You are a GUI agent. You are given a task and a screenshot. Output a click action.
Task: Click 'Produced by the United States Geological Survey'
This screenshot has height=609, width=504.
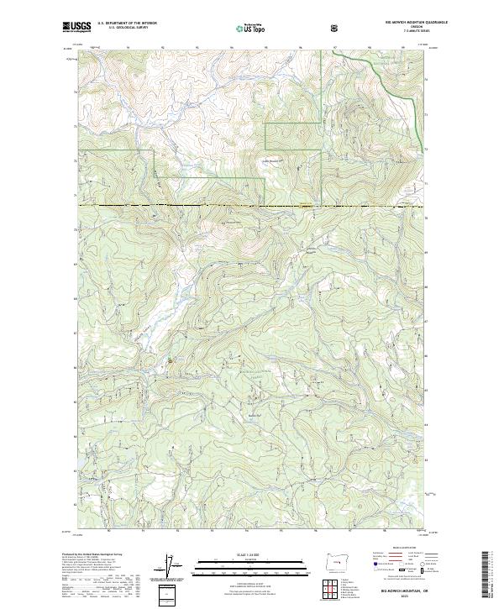click(x=92, y=556)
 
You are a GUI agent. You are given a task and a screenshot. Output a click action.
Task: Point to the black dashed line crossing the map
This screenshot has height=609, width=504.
click(x=252, y=206)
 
